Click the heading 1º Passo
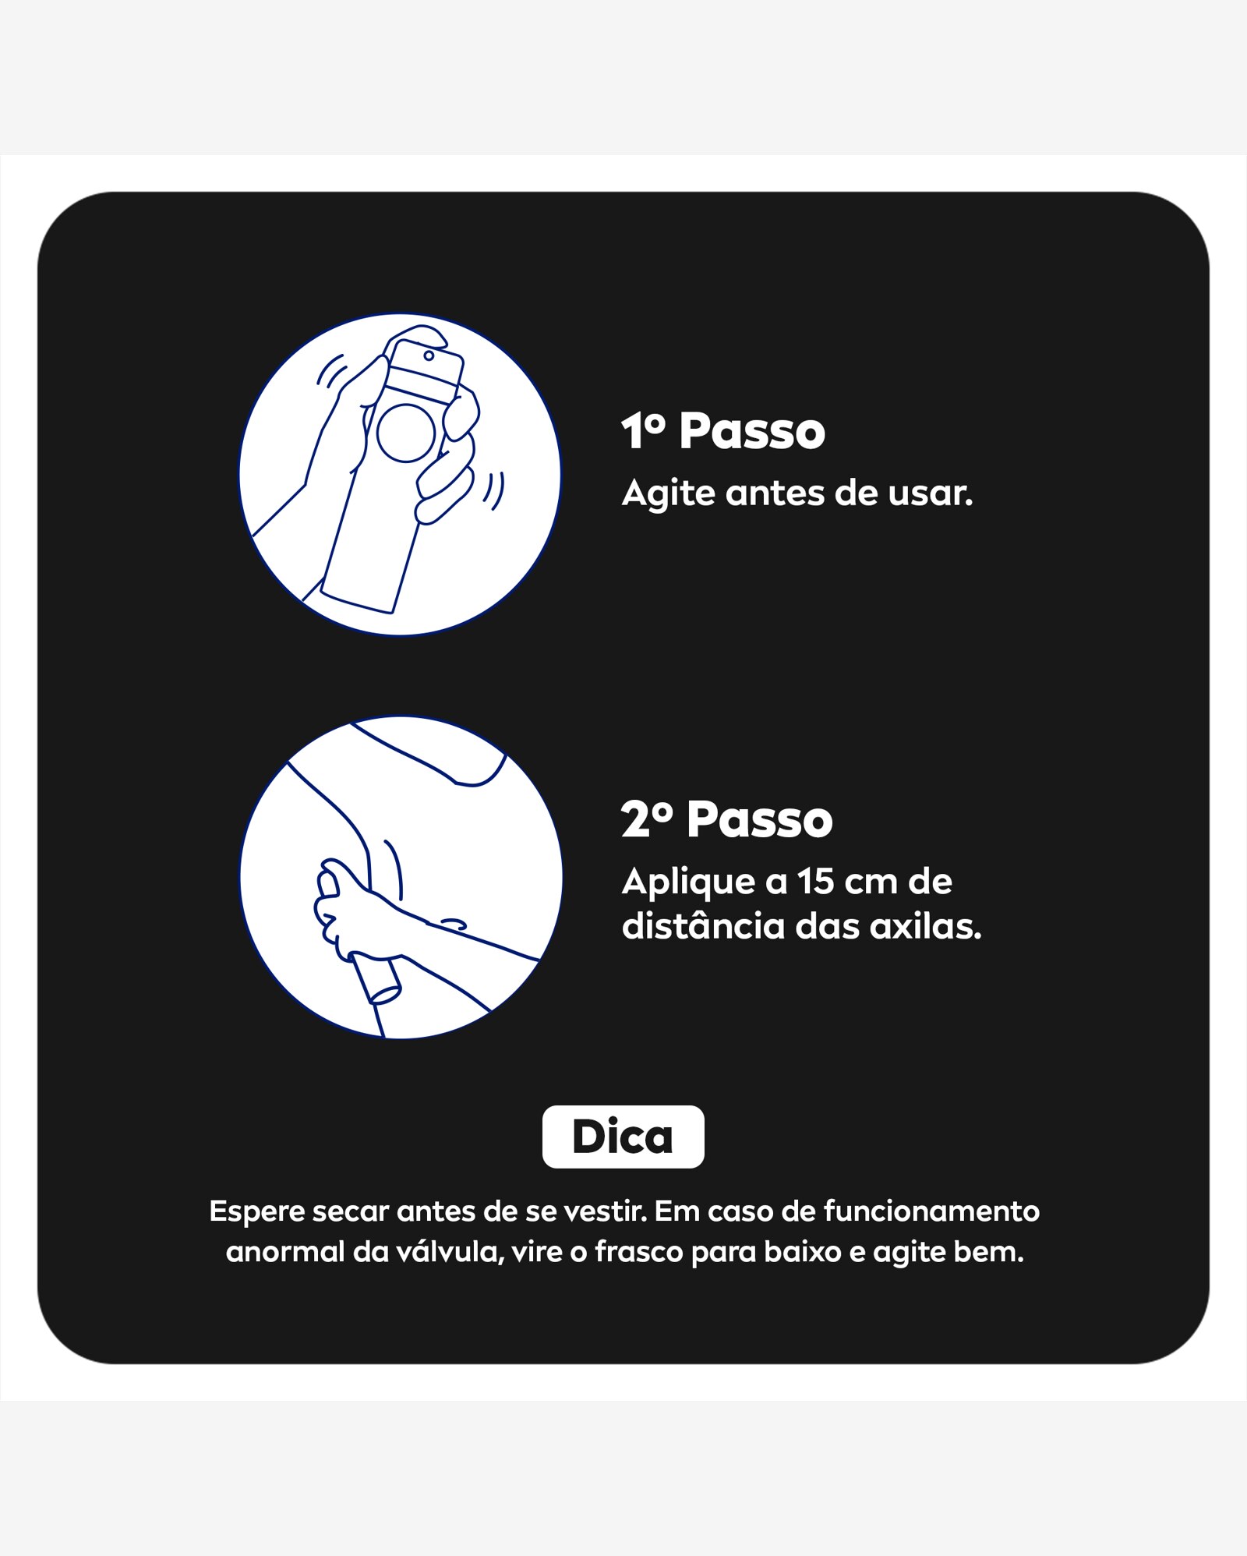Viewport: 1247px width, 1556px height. click(723, 431)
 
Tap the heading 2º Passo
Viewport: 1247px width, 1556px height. click(727, 819)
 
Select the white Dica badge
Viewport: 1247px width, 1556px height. click(623, 1137)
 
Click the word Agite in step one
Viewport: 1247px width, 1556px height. click(668, 494)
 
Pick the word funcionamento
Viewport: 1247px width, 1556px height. click(931, 1211)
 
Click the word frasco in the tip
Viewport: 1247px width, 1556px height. click(639, 1253)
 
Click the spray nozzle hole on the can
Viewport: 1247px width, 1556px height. click(429, 355)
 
